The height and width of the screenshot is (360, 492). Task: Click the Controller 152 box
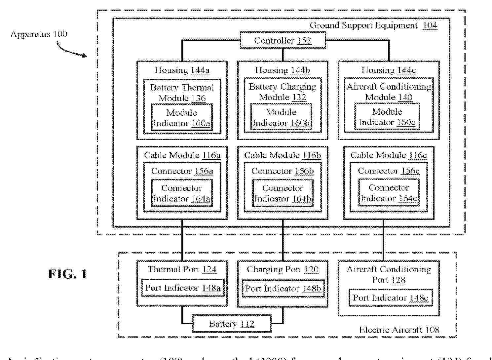[x=283, y=40]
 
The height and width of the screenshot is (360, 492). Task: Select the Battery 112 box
[x=232, y=324]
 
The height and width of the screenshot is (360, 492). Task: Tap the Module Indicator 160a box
[x=182, y=118]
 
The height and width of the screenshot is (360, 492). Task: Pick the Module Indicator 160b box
[x=281, y=117]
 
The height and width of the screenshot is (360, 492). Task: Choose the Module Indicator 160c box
[x=387, y=117]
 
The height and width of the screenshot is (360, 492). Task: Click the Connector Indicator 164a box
[x=182, y=193]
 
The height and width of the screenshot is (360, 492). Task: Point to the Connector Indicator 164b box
[x=283, y=193]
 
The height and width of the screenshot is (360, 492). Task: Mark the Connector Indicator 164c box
[x=389, y=193]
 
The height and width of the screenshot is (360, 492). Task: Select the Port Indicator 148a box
[x=183, y=288]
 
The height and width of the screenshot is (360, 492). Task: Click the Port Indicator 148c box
[x=390, y=298]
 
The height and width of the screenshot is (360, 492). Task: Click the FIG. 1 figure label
[x=67, y=274]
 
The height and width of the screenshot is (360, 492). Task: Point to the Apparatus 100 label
[x=39, y=34]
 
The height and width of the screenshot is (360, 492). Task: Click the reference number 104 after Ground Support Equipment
[x=430, y=25]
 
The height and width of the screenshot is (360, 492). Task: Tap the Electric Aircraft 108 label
[x=399, y=330]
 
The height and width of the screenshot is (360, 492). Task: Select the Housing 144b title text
[x=283, y=70]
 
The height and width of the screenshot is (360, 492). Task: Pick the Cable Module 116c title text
[x=389, y=155]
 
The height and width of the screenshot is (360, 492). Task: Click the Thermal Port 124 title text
[x=182, y=269]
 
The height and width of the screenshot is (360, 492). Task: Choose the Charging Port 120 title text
[x=283, y=269]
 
